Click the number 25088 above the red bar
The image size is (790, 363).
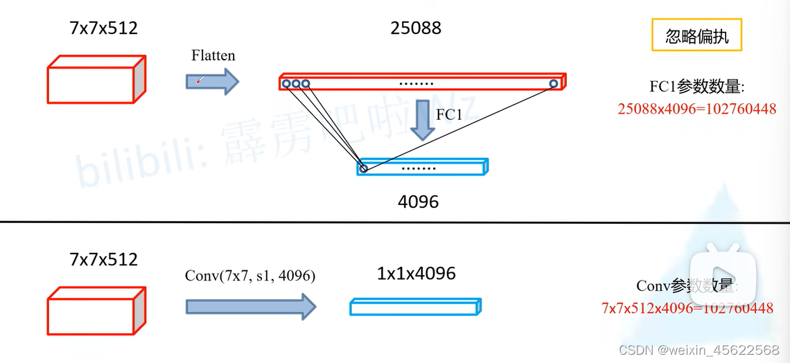point(416,28)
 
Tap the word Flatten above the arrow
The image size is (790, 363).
point(213,55)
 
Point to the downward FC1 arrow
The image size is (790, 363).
point(421,119)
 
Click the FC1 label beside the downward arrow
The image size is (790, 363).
point(449,115)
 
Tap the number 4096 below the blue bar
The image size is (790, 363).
point(418,202)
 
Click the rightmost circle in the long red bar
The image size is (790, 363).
point(553,84)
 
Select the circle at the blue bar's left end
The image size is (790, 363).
point(363,168)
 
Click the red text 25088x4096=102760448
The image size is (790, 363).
point(696,109)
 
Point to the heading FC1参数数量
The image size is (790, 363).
point(696,87)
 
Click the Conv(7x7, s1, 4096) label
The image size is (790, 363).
point(250,276)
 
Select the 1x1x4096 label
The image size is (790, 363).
point(416,274)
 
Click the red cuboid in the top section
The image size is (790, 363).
point(96,81)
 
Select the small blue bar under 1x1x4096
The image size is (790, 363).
point(416,306)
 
